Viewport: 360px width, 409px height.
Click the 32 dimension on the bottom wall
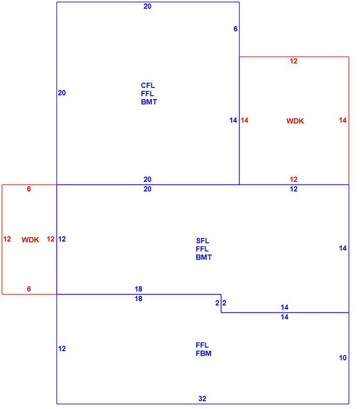tap(202, 399)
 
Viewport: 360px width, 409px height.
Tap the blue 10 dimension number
tap(343, 358)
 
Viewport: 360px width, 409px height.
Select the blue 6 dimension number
tap(235, 29)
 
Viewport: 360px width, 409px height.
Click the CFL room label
tap(148, 85)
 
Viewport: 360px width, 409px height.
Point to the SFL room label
tap(203, 241)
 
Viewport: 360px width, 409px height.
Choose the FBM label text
tap(203, 353)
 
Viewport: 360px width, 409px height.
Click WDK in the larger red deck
tap(295, 121)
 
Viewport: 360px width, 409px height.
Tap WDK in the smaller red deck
tap(30, 240)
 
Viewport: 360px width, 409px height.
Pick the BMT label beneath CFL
tap(149, 102)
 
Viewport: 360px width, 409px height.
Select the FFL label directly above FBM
tap(202, 345)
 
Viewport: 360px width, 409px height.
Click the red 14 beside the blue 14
tap(244, 120)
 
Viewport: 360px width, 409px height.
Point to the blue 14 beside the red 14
tap(233, 120)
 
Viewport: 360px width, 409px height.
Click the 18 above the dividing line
tap(138, 289)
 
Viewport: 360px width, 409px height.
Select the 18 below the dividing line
tap(138, 298)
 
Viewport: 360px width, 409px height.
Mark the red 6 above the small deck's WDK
tap(29, 189)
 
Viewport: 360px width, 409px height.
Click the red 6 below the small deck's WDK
tap(29, 289)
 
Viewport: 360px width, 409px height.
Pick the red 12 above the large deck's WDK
tap(293, 61)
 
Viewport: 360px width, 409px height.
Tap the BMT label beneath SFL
tap(203, 257)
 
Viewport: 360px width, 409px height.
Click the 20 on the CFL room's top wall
tap(147, 6)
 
